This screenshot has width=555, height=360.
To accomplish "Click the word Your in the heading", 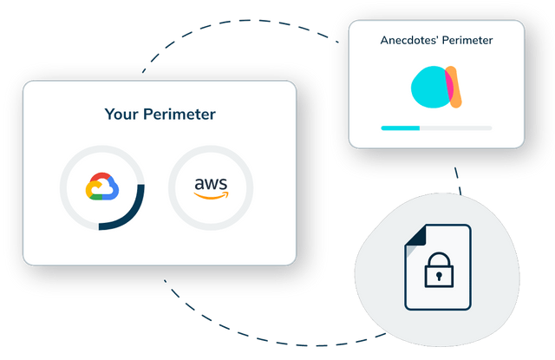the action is click(x=121, y=115).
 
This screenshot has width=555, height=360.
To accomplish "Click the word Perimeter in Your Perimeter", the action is click(x=180, y=115).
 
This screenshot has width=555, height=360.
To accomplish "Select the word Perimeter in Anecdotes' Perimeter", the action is click(x=467, y=40).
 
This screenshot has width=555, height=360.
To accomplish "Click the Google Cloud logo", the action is click(x=102, y=187).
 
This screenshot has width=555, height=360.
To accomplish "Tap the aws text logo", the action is click(x=211, y=184).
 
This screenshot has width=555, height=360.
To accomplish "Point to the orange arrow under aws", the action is click(x=212, y=195).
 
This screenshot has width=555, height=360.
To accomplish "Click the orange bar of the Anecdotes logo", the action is click(x=454, y=87).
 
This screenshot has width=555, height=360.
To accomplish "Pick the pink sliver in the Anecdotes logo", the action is click(x=449, y=85).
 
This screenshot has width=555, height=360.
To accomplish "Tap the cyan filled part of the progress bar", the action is click(x=401, y=128).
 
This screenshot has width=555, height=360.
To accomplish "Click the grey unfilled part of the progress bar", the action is click(x=456, y=128).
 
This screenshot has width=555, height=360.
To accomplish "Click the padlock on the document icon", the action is click(x=439, y=270).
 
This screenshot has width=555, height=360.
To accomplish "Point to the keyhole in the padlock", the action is click(x=439, y=276).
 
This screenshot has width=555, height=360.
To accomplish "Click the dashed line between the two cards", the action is click(x=241, y=21).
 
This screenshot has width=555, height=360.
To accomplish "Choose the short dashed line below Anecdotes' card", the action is click(x=458, y=181).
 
